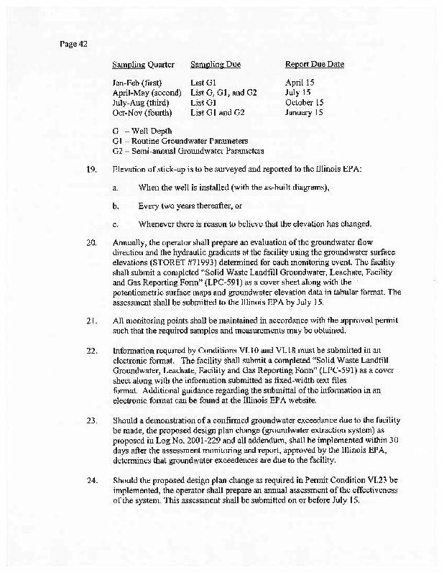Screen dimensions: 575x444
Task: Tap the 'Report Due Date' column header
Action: pos(315,65)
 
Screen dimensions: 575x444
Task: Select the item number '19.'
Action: pos(91,169)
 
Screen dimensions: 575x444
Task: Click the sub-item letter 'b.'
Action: pos(115,206)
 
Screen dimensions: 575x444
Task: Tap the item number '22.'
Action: pos(91,349)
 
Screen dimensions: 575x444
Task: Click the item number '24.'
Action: pos(91,478)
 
